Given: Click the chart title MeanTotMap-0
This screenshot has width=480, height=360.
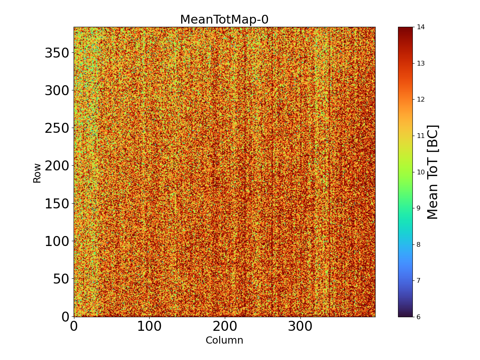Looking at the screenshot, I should (x=224, y=20).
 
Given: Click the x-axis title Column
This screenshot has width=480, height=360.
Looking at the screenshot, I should (x=224, y=340).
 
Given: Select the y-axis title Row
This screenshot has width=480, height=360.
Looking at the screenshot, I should (x=37, y=173).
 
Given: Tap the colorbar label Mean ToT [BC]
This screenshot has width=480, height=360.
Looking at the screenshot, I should (x=432, y=172).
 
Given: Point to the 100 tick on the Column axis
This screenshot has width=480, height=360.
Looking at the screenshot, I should (x=149, y=326).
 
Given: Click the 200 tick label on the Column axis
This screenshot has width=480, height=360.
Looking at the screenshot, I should (x=225, y=326).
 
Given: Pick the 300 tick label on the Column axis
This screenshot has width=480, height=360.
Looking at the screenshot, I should (x=300, y=326).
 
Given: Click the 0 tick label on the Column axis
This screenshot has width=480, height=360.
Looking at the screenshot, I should (x=74, y=326).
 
